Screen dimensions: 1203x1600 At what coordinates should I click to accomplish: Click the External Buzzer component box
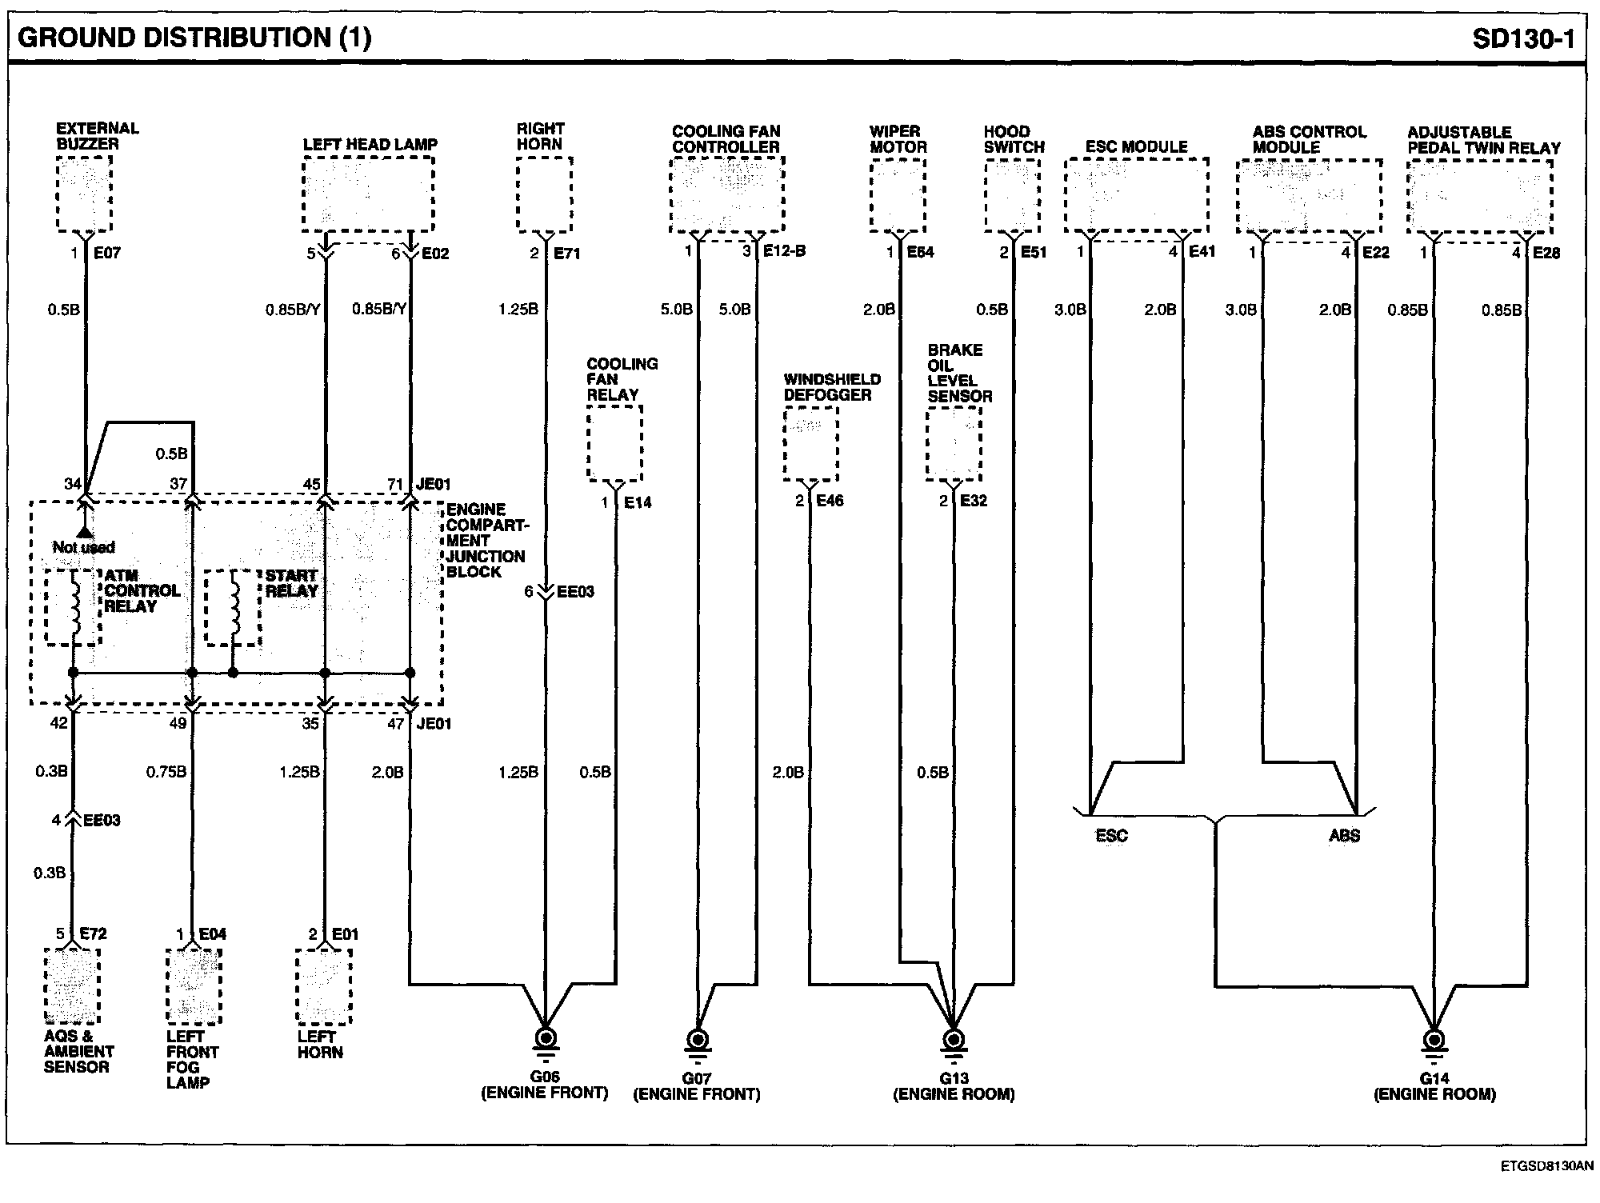84,194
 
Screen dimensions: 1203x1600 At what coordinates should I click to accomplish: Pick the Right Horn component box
545,194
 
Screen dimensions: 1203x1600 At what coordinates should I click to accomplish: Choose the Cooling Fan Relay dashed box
615,443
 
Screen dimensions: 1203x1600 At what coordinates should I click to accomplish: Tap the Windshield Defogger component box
810,444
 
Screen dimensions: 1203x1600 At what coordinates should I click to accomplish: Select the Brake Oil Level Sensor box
954,444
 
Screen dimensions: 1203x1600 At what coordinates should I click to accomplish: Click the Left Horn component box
324,986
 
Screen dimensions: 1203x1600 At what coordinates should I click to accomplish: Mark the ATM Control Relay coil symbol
75,607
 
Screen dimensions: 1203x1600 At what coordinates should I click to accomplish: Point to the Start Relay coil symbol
234,607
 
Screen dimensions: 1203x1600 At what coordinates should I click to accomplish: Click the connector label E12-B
784,251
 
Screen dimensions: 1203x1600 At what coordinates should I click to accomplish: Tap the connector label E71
566,254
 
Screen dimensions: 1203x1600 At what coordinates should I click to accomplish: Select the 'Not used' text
84,547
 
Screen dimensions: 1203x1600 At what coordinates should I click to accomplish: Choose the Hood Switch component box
1013,195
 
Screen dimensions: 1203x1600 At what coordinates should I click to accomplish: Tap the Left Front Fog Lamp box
194,986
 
